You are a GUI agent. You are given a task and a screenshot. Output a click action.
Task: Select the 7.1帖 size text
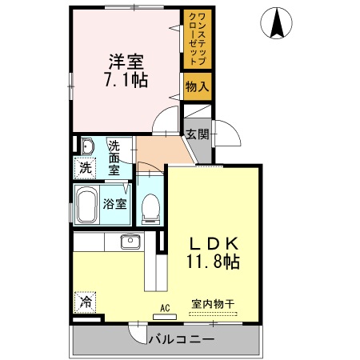click(125, 80)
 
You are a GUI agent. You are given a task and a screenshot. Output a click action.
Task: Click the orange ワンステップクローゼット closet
click(197, 39)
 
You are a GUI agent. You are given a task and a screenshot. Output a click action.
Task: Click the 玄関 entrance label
click(197, 134)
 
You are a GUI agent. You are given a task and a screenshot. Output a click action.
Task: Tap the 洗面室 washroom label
click(114, 158)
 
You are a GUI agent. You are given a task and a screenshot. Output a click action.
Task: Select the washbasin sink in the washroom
click(87, 146)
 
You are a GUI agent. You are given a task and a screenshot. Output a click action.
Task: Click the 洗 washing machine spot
click(84, 169)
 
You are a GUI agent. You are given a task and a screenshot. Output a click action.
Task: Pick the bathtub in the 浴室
click(87, 205)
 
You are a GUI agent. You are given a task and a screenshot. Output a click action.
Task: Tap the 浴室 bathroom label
click(114, 203)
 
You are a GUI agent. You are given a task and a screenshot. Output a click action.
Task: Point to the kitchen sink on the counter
click(129, 242)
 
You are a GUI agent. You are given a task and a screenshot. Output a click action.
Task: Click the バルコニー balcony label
click(182, 339)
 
